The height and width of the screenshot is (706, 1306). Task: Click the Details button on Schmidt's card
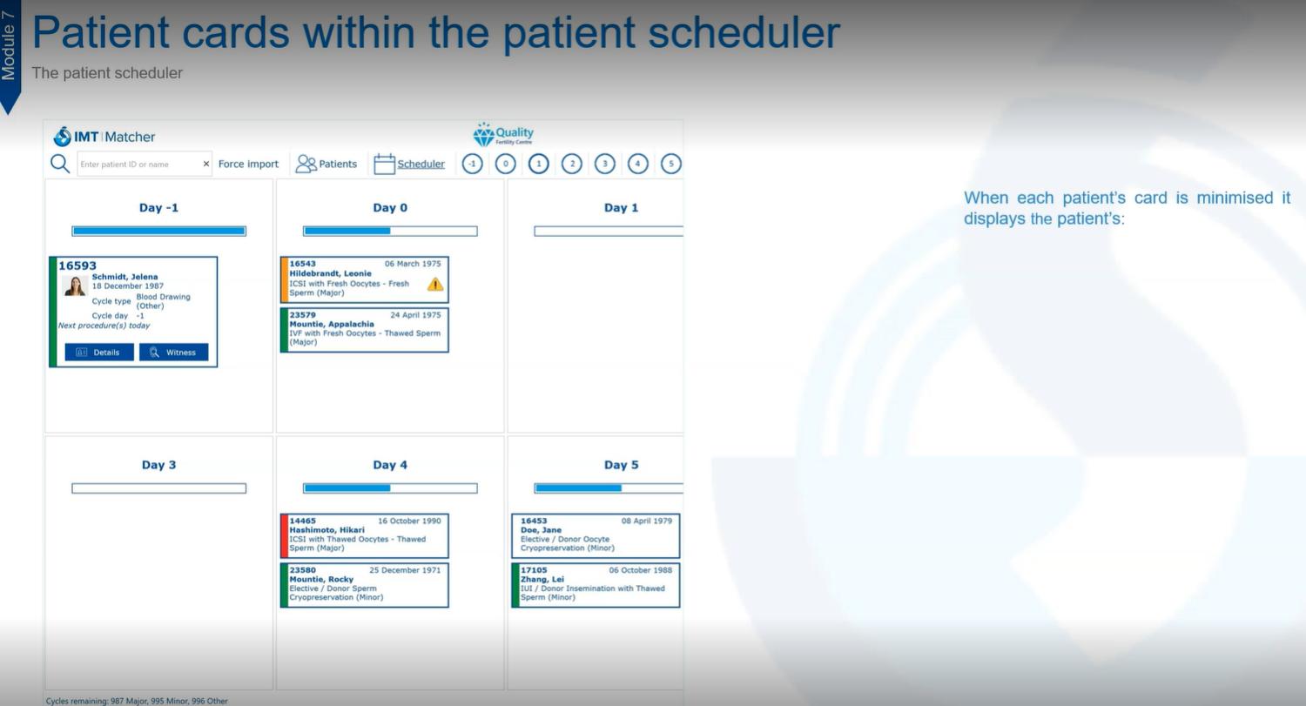pyautogui.click(x=99, y=352)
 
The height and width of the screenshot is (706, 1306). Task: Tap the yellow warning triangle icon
pyautogui.click(x=435, y=285)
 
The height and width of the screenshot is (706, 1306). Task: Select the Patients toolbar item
pyautogui.click(x=326, y=164)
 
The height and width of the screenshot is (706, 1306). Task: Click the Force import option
pyautogui.click(x=248, y=164)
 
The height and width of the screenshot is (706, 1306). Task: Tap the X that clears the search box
pyautogui.click(x=205, y=164)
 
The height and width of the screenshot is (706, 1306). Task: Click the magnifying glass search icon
pyautogui.click(x=60, y=164)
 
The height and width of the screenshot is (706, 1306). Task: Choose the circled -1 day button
pyautogui.click(x=472, y=164)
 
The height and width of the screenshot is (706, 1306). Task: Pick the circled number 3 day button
pyautogui.click(x=604, y=164)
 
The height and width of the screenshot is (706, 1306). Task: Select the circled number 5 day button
pyautogui.click(x=671, y=164)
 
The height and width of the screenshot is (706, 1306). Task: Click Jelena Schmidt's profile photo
pyautogui.click(x=75, y=286)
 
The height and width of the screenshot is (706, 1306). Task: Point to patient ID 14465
pyautogui.click(x=303, y=521)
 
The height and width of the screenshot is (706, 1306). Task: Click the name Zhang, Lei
pyautogui.click(x=542, y=579)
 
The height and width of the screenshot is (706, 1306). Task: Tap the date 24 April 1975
pyautogui.click(x=415, y=315)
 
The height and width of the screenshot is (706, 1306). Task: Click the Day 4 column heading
pyautogui.click(x=390, y=465)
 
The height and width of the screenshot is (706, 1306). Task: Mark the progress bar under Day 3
pyautogui.click(x=159, y=488)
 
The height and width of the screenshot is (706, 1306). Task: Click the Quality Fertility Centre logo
pyautogui.click(x=503, y=135)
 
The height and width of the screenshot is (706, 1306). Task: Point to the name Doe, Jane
pyautogui.click(x=541, y=530)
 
